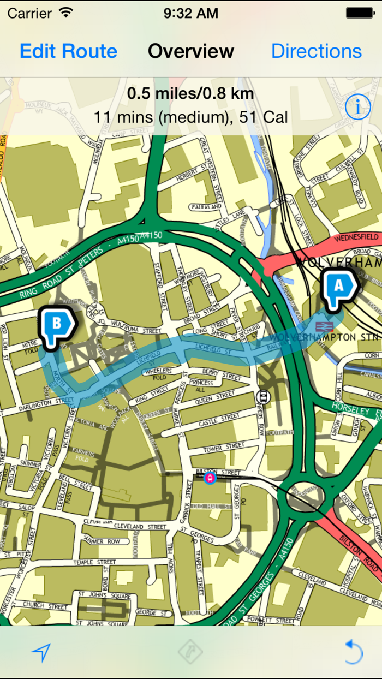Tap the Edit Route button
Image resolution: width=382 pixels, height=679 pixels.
68,51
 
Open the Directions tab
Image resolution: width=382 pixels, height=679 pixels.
316,51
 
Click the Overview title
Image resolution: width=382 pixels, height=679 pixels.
191,51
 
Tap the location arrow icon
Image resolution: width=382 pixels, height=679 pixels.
41,652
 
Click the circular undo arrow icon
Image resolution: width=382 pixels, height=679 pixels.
353,652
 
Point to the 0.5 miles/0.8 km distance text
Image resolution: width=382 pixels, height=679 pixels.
190,94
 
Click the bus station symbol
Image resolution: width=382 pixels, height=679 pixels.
264,397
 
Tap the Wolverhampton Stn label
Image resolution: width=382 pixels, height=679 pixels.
327,337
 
